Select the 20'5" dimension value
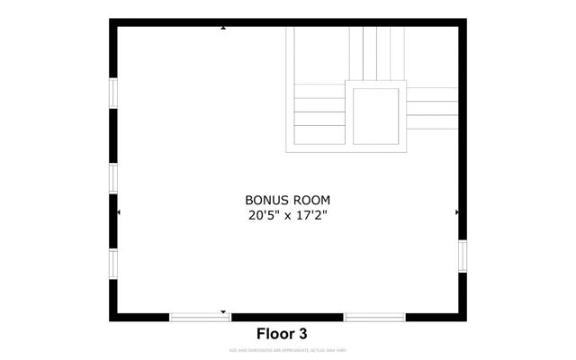(263, 216)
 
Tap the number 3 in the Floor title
(303, 333)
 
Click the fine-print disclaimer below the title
(287, 350)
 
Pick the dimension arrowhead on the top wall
(223, 29)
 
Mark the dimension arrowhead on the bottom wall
(223, 311)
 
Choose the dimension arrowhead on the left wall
(119, 212)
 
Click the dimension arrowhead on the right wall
(457, 212)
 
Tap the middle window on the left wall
(113, 177)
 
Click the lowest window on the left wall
(113, 263)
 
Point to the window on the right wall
(463, 255)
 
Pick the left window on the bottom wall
(200, 317)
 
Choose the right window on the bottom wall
(373, 317)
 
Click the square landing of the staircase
(376, 115)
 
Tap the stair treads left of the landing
(319, 113)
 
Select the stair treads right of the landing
(432, 108)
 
